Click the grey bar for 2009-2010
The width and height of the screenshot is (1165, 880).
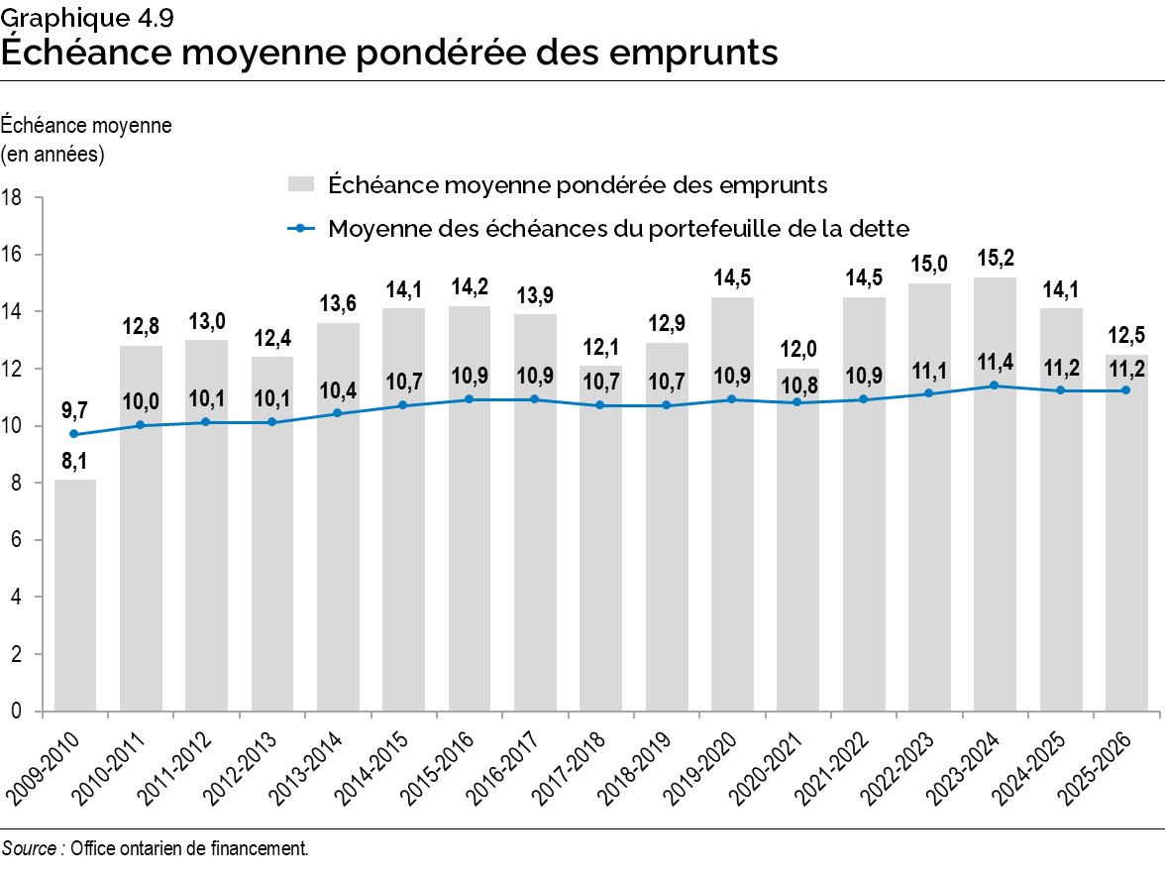point(75,595)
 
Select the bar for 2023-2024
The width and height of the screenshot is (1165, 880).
point(995,555)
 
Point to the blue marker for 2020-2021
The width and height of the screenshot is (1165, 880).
point(797,402)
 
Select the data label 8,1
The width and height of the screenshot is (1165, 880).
point(75,463)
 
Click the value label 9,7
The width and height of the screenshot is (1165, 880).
point(75,409)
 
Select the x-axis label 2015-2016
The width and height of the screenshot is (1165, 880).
point(444,768)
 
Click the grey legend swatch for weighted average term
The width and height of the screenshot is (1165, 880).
point(300,184)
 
